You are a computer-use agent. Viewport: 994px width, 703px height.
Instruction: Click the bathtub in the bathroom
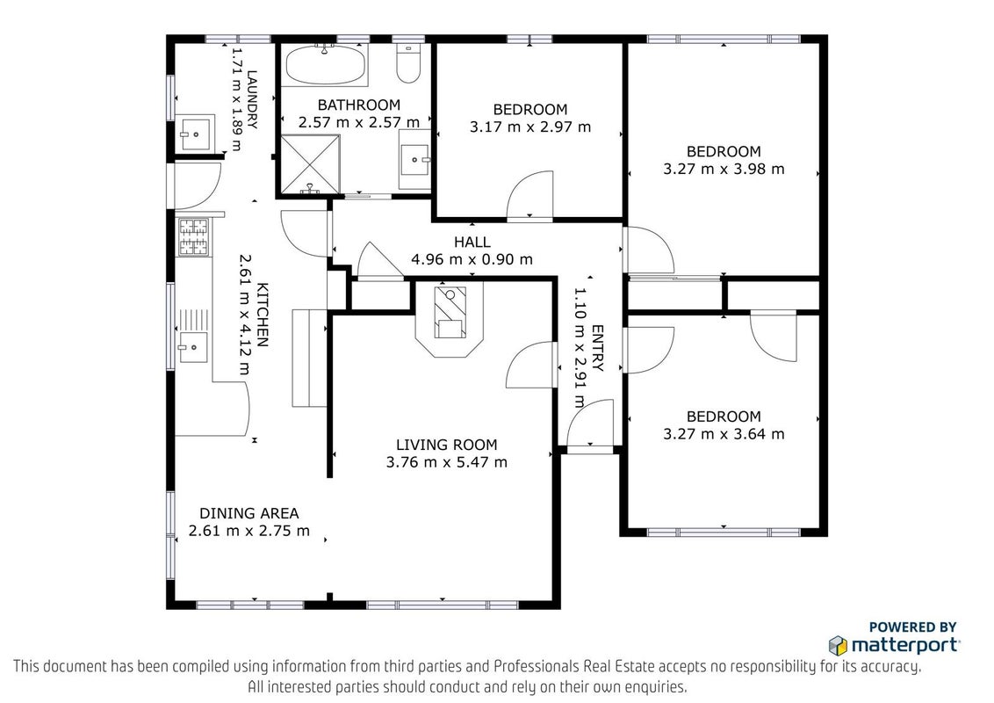coord(325,65)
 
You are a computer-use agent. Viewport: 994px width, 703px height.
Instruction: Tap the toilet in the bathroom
coord(409,62)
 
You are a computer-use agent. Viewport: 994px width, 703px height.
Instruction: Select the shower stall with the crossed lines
coord(310,163)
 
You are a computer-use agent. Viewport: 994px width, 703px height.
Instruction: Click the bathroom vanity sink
coord(414,159)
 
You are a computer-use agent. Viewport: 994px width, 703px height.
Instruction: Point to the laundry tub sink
coord(195,133)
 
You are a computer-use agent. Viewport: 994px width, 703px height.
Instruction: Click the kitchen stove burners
coord(193,236)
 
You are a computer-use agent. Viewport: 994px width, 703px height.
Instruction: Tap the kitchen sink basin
coord(192,346)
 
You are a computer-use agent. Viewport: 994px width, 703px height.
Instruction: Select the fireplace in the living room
coord(450,319)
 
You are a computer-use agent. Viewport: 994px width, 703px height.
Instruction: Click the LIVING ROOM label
coord(447,445)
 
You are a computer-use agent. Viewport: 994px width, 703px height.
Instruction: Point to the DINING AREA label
coord(249,513)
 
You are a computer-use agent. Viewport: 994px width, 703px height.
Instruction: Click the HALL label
coord(472,242)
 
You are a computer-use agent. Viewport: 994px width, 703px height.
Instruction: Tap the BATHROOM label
coord(359,105)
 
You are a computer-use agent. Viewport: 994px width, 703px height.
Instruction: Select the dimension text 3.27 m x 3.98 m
coord(724,170)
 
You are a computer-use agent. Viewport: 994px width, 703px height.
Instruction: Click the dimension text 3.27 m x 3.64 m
coord(724,435)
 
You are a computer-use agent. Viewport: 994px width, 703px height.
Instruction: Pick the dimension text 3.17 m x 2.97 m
coord(530,127)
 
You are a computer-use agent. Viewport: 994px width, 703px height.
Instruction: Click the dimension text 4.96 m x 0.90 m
coord(472,259)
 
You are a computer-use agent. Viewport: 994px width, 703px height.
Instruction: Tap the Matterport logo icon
coord(838,646)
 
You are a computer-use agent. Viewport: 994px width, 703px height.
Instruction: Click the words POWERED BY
coord(913,627)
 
